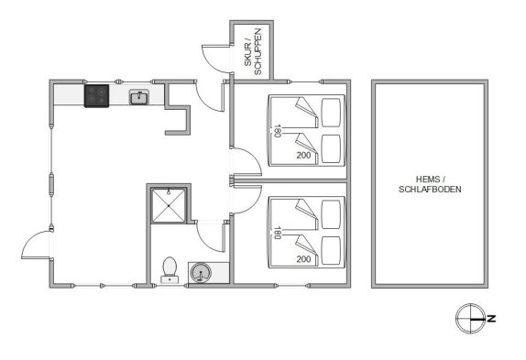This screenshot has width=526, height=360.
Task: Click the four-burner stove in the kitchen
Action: [96, 96]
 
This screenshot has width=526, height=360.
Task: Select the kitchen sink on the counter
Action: [139, 97]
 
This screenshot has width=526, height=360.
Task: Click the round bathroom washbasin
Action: [201, 273]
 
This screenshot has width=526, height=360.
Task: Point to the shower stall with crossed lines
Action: [169, 205]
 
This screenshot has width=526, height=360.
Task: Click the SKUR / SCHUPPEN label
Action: [253, 52]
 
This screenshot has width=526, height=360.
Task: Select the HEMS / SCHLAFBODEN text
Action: [430, 184]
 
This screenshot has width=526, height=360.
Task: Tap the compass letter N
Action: [491, 319]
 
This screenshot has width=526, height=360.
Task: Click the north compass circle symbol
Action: [470, 319]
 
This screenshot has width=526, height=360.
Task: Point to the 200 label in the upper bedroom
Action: [303, 155]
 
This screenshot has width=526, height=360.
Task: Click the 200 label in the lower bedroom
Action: [303, 259]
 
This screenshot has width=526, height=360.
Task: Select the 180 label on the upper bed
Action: [277, 131]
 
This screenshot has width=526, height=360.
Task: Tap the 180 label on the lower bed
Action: [277, 233]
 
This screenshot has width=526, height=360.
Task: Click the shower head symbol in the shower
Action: [169, 192]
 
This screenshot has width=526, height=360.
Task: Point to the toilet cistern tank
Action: [170, 279]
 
